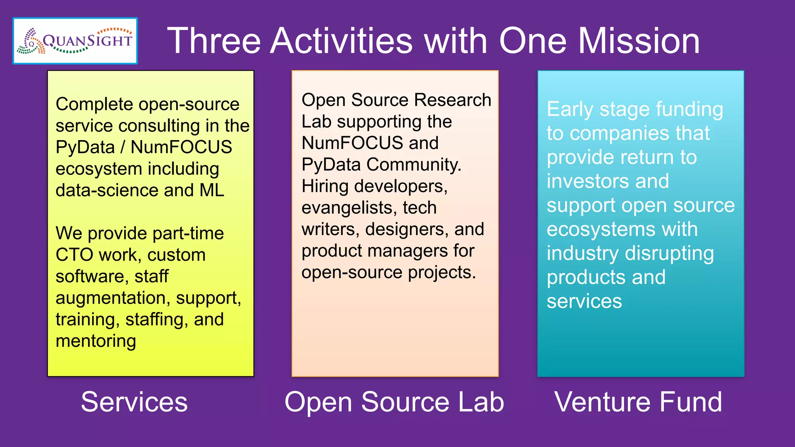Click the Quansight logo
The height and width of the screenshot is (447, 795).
coord(75,41)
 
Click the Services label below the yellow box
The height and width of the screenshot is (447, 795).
coord(134,402)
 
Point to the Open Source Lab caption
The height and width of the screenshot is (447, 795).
coord(394,402)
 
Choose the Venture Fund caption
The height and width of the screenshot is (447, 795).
coord(638,402)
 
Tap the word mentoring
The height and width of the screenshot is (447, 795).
coord(96,341)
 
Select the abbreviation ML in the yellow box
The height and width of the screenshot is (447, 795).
coord(212,191)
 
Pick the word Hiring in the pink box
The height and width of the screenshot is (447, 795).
coord(325,186)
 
